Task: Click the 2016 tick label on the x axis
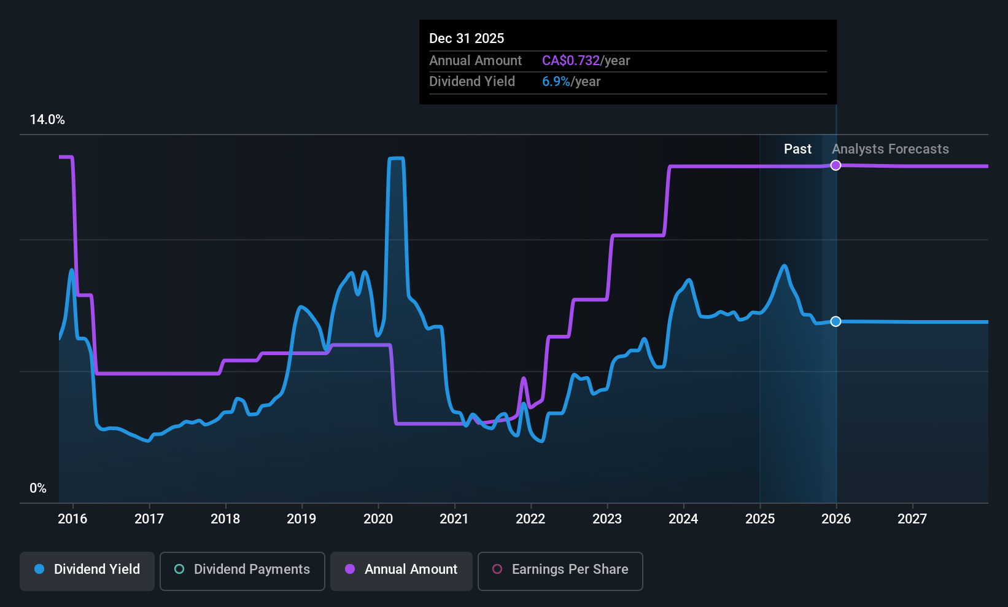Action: point(72,519)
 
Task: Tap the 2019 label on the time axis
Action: point(301,519)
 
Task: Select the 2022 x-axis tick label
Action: point(530,519)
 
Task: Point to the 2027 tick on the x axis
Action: point(912,519)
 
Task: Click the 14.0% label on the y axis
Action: point(47,120)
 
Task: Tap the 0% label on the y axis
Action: point(38,488)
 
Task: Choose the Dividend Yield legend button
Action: point(87,570)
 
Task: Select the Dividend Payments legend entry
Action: point(242,570)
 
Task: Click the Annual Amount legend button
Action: point(401,570)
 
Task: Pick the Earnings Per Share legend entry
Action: point(560,570)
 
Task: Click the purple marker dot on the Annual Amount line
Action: point(835,165)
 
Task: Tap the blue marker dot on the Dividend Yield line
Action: point(835,321)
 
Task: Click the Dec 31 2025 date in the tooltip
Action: point(467,39)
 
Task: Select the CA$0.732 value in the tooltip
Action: point(570,61)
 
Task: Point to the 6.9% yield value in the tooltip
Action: point(556,82)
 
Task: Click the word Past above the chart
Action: point(797,149)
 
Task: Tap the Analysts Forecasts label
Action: point(890,149)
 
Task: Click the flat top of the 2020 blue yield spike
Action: point(396,159)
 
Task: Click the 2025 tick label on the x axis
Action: point(760,519)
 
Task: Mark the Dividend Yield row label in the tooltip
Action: point(471,82)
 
